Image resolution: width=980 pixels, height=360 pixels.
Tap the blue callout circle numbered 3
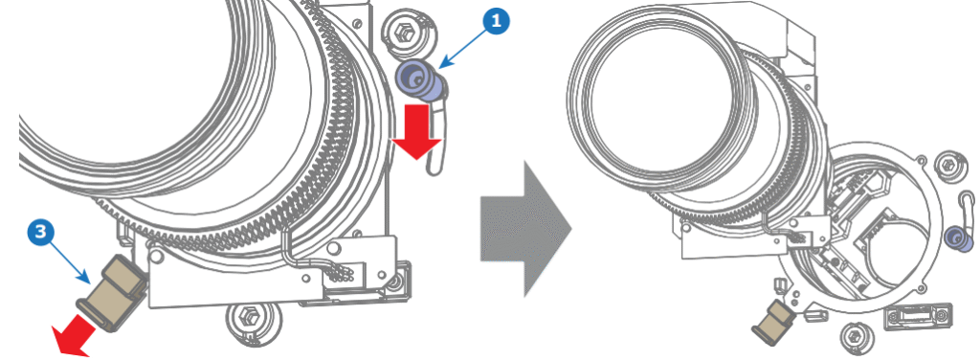click(x=37, y=233)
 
